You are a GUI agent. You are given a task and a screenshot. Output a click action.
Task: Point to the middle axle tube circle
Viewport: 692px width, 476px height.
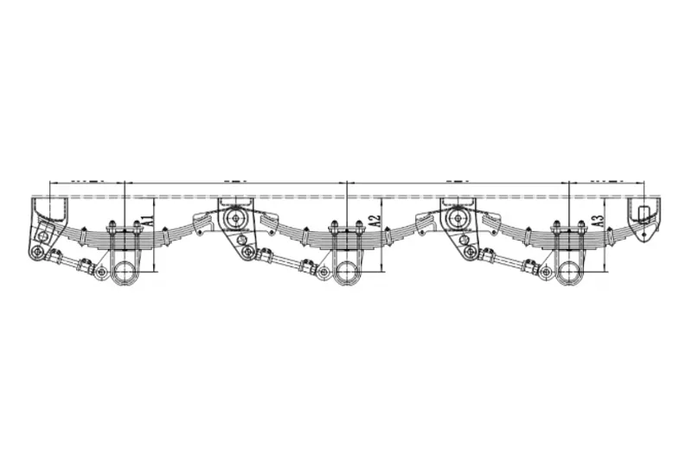tap(346, 272)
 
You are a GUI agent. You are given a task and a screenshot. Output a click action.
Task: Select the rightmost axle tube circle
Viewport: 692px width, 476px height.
tap(569, 272)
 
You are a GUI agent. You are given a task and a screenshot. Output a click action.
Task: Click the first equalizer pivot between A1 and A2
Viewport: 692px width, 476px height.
tap(234, 218)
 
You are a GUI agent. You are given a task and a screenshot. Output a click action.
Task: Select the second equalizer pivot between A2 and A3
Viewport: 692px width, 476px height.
tap(457, 218)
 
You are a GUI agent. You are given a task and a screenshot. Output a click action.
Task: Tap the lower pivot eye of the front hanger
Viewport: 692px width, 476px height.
tap(38, 252)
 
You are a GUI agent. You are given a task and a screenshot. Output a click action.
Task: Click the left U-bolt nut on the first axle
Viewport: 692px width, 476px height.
tap(112, 228)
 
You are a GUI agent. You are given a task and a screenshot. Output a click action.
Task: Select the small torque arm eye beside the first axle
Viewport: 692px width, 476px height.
tap(102, 273)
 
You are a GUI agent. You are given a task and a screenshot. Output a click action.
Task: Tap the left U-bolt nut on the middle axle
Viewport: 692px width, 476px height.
tap(333, 228)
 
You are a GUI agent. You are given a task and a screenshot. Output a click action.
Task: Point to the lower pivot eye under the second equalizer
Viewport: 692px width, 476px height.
tap(470, 252)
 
